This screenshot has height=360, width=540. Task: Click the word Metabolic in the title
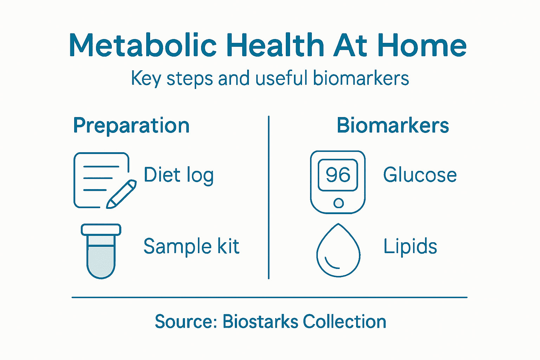click(143, 46)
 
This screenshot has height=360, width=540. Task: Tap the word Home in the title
click(422, 46)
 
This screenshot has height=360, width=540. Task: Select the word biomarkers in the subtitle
click(361, 78)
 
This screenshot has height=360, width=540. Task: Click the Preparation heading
click(131, 126)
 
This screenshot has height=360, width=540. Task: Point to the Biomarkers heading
click(393, 126)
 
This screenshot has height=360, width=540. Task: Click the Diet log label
click(179, 175)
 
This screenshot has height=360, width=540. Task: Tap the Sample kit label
click(191, 246)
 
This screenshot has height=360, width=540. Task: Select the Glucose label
click(420, 175)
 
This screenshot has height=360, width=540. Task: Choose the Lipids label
click(410, 246)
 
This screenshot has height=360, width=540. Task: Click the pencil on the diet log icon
click(121, 194)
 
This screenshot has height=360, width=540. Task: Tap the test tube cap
click(101, 230)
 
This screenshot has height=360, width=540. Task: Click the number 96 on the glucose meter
click(338, 175)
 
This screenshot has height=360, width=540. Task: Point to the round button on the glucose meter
click(339, 203)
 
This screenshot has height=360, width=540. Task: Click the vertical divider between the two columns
click(269, 197)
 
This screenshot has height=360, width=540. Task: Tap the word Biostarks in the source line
click(260, 321)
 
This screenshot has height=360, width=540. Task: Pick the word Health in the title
click(275, 46)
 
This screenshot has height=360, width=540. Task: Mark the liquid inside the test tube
click(101, 260)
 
